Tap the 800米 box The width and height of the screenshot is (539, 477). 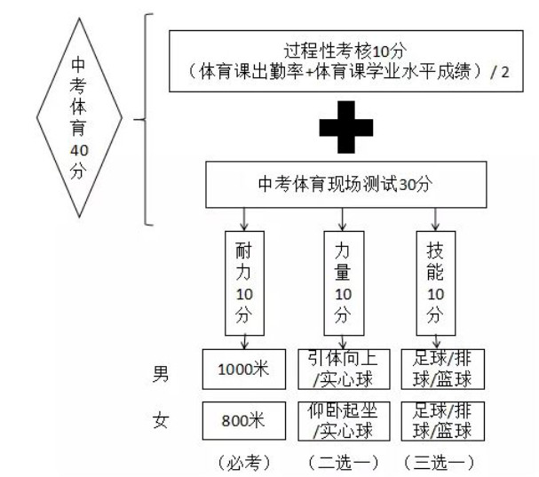(x=242, y=420)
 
